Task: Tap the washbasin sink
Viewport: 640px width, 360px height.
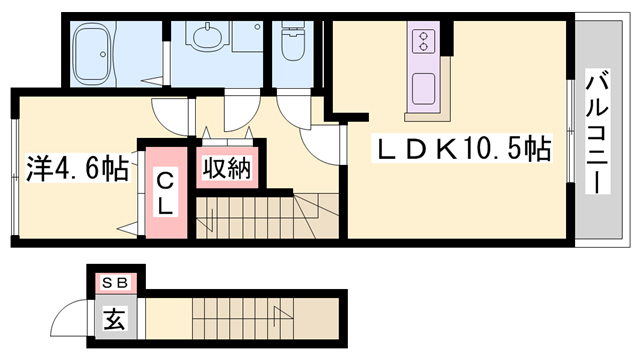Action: coord(208,39)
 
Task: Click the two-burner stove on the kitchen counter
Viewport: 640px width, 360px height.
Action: coord(422,42)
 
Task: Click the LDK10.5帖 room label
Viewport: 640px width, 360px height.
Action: coord(463,151)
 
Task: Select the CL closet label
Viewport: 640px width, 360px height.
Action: coord(166,195)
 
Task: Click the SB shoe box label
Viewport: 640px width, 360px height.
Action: coord(115,284)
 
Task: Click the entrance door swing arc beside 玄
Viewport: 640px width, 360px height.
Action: coord(72,319)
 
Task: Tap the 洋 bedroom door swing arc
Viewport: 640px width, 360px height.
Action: coord(170,114)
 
